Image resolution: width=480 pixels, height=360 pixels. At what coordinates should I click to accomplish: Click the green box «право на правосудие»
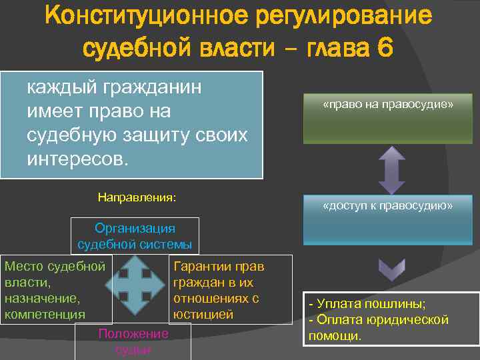[387, 119]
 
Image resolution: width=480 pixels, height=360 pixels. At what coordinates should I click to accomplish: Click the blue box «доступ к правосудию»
[387, 220]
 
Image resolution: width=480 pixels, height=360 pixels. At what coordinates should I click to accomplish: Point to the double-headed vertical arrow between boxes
[392, 169]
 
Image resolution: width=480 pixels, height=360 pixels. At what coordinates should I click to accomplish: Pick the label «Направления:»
[137, 197]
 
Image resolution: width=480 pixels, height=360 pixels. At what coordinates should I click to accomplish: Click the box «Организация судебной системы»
[135, 236]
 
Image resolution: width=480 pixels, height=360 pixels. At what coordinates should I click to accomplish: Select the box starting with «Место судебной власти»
[56, 290]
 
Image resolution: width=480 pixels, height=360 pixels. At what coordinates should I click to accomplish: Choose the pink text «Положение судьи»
[134, 341]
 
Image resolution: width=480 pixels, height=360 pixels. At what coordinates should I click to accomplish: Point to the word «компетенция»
[45, 314]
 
